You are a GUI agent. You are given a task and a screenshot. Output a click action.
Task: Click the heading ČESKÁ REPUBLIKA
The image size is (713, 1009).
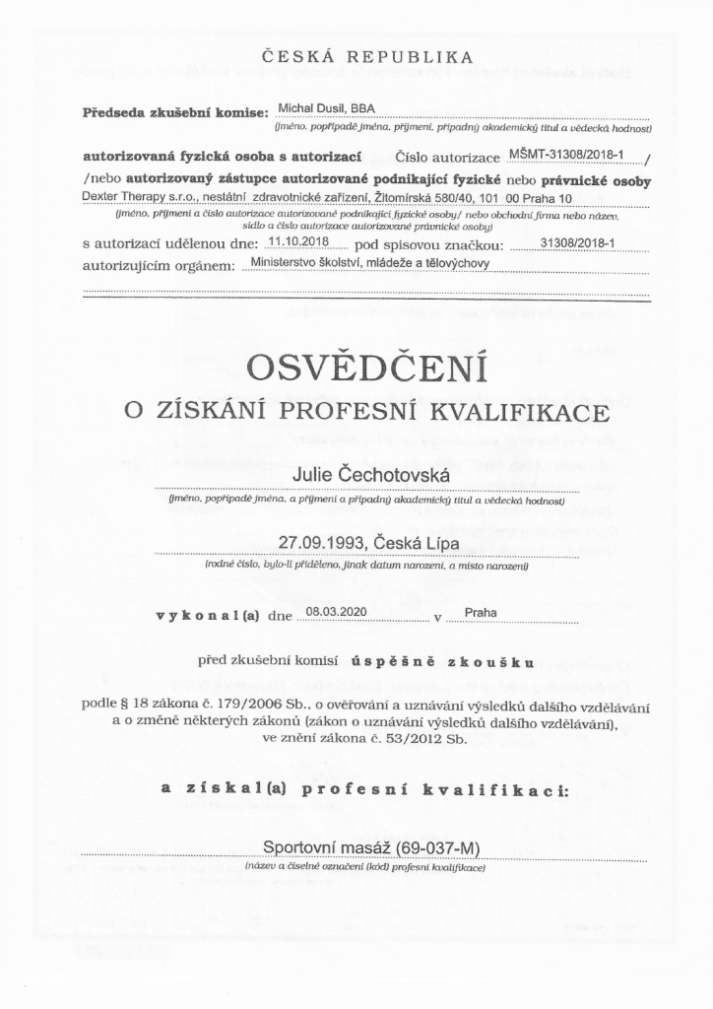tap(366, 58)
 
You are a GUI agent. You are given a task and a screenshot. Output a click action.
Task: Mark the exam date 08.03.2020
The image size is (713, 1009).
tap(336, 612)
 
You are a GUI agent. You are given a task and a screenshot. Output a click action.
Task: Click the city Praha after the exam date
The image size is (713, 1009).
tap(481, 612)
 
